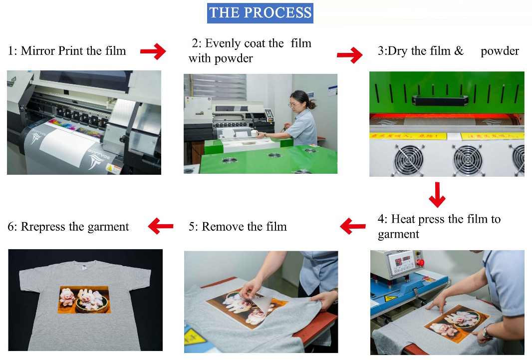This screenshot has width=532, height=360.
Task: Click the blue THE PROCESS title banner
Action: pyautogui.click(x=260, y=13)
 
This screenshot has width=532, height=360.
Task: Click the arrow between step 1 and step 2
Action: pyautogui.click(x=153, y=51)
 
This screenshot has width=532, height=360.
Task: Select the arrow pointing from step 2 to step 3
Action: pyautogui.click(x=350, y=55)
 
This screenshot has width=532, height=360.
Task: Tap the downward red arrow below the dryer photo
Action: pyautogui.click(x=437, y=195)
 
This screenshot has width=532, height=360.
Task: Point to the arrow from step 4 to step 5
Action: pyautogui.click(x=353, y=227)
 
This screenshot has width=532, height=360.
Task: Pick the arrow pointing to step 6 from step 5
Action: pyautogui.click(x=161, y=227)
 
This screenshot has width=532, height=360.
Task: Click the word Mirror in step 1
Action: pyautogui.click(x=39, y=51)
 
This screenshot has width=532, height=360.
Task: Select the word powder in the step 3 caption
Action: pyautogui.click(x=500, y=51)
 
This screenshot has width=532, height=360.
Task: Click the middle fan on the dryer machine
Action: pyautogui.click(x=467, y=160)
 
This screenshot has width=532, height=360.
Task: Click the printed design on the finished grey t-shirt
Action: pyautogui.click(x=84, y=300)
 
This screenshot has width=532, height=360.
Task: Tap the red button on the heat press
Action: pyautogui.click(x=420, y=263)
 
